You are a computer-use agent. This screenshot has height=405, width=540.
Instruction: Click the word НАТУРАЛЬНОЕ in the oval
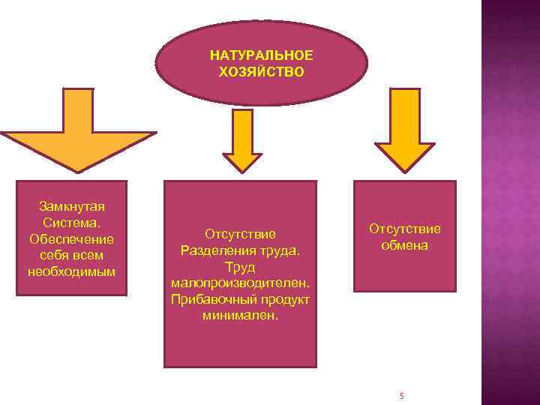(x=262, y=56)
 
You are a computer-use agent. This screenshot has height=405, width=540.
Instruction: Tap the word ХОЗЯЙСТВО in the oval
(x=262, y=72)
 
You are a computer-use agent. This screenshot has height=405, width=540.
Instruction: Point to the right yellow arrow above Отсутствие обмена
(x=404, y=135)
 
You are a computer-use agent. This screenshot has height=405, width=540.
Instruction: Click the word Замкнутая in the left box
(x=71, y=206)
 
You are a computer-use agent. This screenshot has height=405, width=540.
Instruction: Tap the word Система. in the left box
(x=71, y=223)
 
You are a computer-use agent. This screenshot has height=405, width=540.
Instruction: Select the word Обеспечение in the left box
(x=71, y=239)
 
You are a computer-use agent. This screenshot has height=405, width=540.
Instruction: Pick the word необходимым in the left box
(x=71, y=271)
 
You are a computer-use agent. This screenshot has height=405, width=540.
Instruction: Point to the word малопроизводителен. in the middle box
(x=240, y=283)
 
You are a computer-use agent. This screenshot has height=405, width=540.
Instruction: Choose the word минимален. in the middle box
(x=240, y=316)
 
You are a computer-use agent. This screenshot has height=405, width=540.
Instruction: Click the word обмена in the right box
(x=404, y=245)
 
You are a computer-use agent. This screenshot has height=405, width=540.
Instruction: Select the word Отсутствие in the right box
(x=404, y=229)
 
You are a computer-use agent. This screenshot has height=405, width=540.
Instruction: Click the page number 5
(x=402, y=395)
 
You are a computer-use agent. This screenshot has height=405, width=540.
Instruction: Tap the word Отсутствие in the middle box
(x=240, y=234)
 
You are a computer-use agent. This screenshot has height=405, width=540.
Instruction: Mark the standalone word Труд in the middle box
(x=240, y=267)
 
